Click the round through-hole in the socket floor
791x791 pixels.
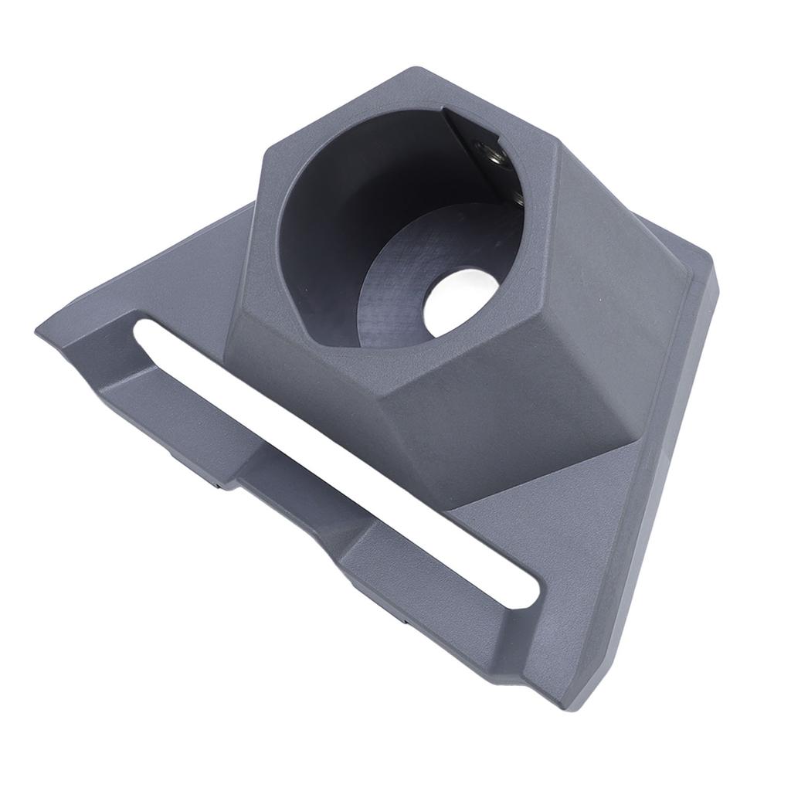[x=461, y=301]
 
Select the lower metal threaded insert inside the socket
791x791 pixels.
[x=517, y=196]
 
